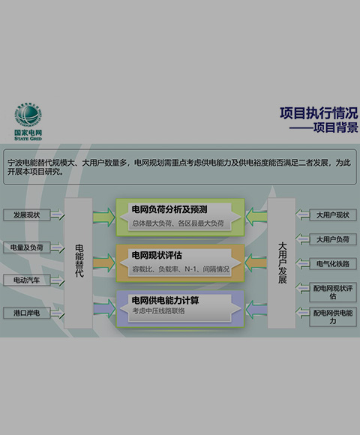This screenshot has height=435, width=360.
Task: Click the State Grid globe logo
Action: [x=28, y=115]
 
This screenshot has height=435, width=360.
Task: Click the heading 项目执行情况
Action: [x=319, y=113]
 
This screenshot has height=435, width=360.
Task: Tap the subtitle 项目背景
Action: [x=335, y=127]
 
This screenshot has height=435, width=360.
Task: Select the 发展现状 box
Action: [x=27, y=215]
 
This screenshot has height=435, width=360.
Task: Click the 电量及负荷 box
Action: [x=27, y=247]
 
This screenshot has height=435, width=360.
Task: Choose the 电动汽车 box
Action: [x=27, y=280]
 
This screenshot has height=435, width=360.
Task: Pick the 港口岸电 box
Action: [x=27, y=313]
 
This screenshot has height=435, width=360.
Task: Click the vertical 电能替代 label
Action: [x=79, y=261]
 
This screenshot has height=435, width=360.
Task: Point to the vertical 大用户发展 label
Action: [x=282, y=263]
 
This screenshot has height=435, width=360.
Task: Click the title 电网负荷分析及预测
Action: [x=169, y=209]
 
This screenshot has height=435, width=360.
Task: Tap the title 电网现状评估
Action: [x=157, y=255]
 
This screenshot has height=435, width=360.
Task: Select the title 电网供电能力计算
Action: [x=165, y=301]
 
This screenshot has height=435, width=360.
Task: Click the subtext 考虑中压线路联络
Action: [x=158, y=311]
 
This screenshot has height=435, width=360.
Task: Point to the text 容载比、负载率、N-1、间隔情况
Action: [x=181, y=269]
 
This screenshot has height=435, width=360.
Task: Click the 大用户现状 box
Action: [x=333, y=215]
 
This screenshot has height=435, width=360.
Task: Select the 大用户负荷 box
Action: [x=333, y=239]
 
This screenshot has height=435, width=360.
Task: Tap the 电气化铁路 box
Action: [x=333, y=264]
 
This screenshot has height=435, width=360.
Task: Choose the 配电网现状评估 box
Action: [x=333, y=292]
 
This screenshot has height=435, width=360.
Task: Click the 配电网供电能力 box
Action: [x=333, y=316]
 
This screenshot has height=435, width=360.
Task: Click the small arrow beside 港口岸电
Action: [x=58, y=313]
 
